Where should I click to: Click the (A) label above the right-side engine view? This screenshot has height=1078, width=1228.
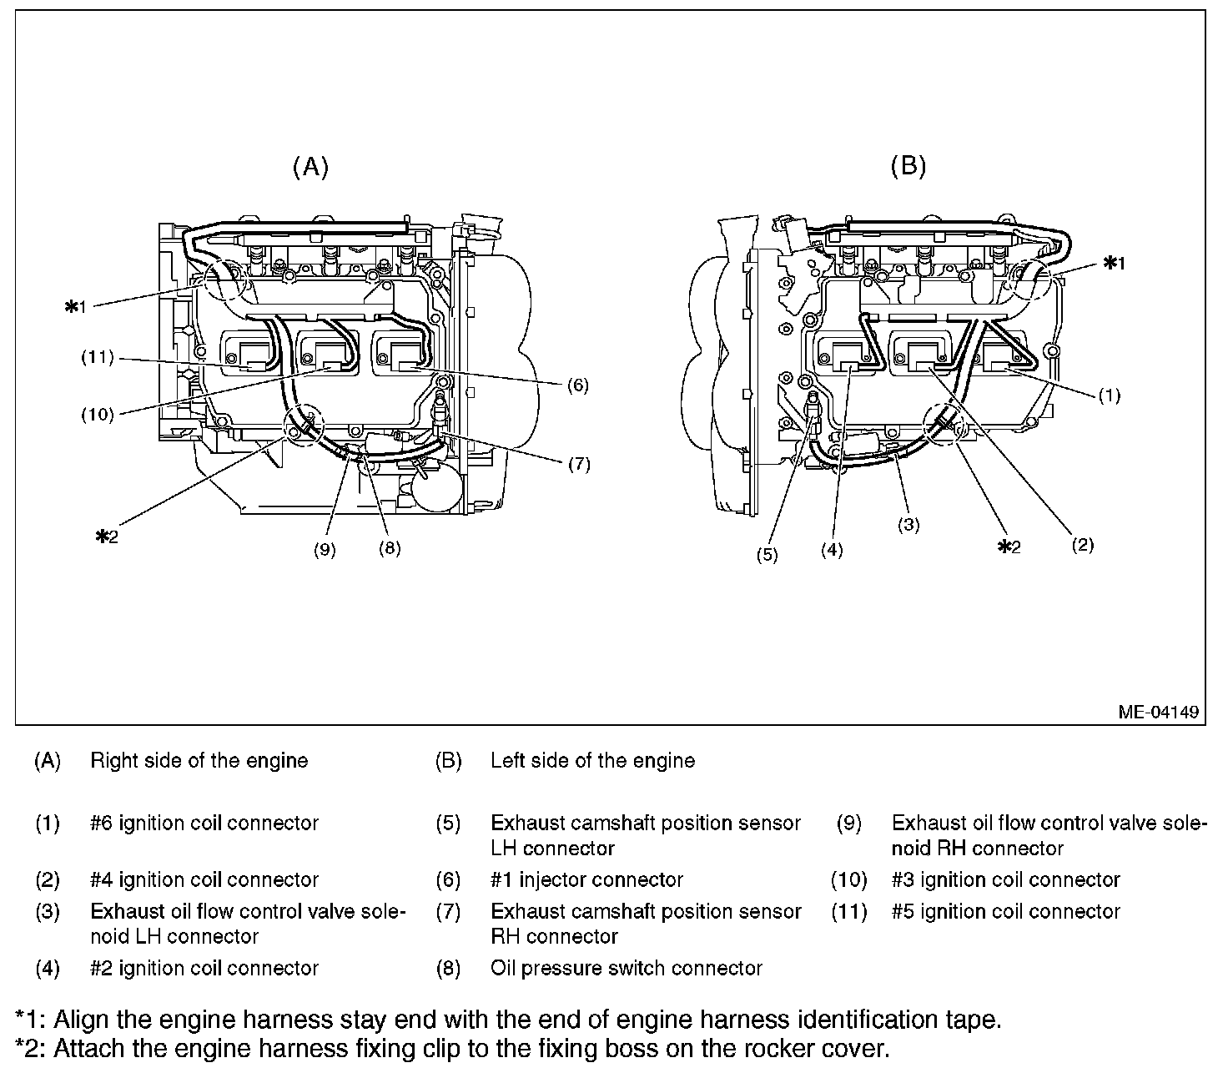click(x=310, y=167)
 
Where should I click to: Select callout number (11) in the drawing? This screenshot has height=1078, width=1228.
click(x=97, y=358)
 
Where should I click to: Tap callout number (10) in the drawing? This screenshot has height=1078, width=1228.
click(x=97, y=414)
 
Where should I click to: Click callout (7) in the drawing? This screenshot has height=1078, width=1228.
click(x=579, y=464)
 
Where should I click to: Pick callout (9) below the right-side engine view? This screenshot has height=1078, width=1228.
click(x=325, y=549)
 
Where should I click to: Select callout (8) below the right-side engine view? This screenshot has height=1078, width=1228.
click(x=389, y=548)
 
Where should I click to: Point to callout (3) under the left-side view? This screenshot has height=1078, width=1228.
click(x=908, y=525)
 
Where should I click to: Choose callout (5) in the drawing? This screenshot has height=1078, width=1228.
click(x=767, y=554)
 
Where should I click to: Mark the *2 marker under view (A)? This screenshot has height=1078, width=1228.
click(x=107, y=536)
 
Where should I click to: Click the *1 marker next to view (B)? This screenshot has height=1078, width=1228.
click(x=1114, y=263)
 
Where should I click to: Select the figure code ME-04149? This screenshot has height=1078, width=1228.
click(x=1159, y=712)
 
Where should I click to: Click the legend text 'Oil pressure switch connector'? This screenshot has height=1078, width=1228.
click(x=626, y=968)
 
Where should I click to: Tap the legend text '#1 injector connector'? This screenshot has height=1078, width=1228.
click(x=586, y=879)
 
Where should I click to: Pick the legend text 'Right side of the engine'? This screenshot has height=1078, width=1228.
click(x=199, y=760)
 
